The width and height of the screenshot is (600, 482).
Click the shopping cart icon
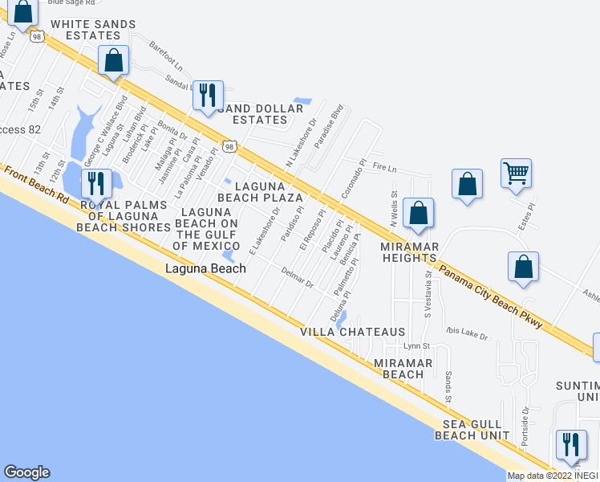517,172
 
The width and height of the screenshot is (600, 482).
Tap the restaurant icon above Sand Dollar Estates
209,95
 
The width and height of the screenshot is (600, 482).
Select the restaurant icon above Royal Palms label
95,183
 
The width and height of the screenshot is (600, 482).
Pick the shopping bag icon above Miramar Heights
418,213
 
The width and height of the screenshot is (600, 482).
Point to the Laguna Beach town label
205,269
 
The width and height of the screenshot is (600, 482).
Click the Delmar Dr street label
297,283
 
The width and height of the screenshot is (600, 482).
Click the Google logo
26,472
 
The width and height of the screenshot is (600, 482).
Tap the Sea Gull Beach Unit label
472,430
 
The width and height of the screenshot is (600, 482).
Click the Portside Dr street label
525,426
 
